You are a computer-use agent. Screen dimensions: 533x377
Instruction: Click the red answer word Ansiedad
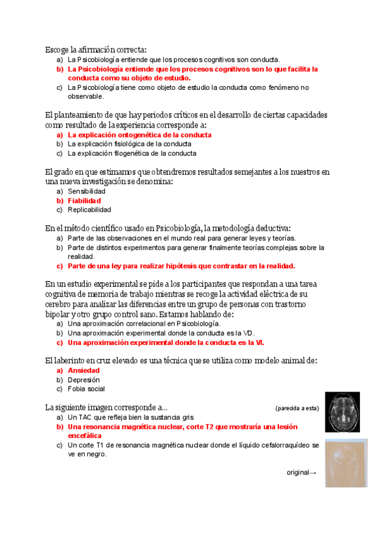84,371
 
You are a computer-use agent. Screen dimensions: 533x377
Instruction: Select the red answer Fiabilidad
84,201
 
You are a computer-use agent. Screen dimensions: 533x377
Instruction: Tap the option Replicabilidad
89,209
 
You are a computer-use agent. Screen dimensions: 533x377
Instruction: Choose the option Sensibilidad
87,191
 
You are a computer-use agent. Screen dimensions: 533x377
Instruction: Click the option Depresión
84,380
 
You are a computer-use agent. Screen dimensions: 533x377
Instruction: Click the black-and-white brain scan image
342,412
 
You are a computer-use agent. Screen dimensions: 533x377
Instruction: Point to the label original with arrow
302,473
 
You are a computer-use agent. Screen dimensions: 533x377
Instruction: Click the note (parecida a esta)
297,408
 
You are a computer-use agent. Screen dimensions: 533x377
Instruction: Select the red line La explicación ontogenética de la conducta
139,135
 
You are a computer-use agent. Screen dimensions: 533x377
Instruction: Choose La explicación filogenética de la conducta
132,153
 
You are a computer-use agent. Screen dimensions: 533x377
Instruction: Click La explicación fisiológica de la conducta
129,144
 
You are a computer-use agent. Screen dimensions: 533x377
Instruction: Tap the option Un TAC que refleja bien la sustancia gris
131,417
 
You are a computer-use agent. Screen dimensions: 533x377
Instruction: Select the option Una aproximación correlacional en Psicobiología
144,324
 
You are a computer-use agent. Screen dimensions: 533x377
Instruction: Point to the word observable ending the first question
85,96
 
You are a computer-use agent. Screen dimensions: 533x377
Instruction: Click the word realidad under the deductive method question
81,256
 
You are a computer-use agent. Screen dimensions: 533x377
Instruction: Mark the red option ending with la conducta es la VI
166,343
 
